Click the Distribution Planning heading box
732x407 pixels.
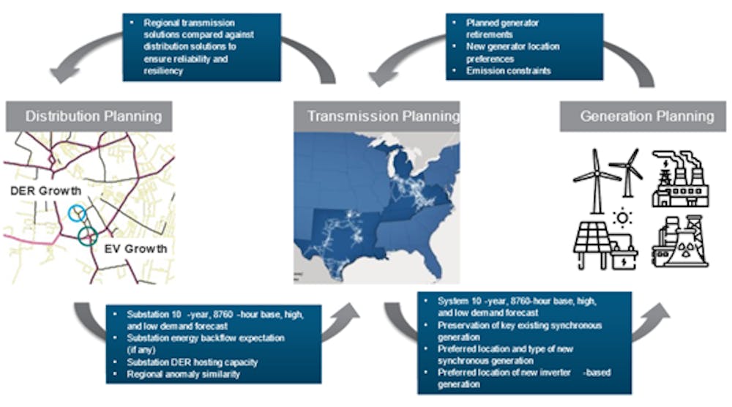(89, 116)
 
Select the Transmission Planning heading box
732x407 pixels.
(377, 116)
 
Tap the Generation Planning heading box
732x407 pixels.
(643, 116)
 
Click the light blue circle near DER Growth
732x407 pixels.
(78, 212)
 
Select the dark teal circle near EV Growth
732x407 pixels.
(88, 236)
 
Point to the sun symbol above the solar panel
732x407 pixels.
(623, 217)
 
